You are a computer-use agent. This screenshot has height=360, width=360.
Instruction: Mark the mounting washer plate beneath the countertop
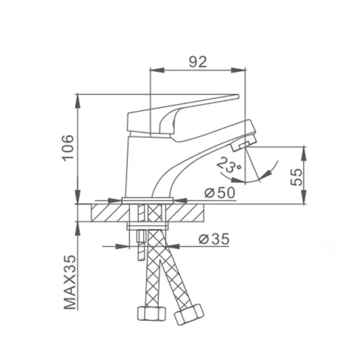(148, 225)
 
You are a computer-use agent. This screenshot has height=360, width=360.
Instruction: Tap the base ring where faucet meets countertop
(148, 200)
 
